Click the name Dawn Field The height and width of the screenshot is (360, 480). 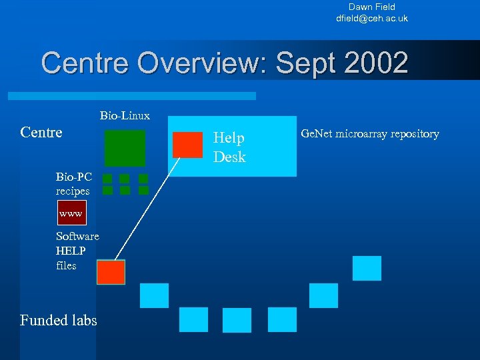(371, 7)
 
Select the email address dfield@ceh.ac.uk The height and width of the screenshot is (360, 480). (371, 19)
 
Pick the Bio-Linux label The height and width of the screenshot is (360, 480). (125, 116)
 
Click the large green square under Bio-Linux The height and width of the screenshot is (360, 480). (125, 147)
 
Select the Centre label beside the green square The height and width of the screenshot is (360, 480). (41, 132)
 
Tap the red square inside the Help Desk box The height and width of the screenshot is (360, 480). (187, 145)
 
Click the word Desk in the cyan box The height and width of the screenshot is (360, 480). (229, 157)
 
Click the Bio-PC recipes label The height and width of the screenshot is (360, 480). (73, 184)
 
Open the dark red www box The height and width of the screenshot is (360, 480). (71, 214)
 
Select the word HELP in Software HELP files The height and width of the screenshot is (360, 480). (71, 251)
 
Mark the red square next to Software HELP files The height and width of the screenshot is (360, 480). (111, 272)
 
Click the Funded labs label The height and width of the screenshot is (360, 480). (59, 320)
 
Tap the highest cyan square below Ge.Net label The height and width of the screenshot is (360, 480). (367, 268)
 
